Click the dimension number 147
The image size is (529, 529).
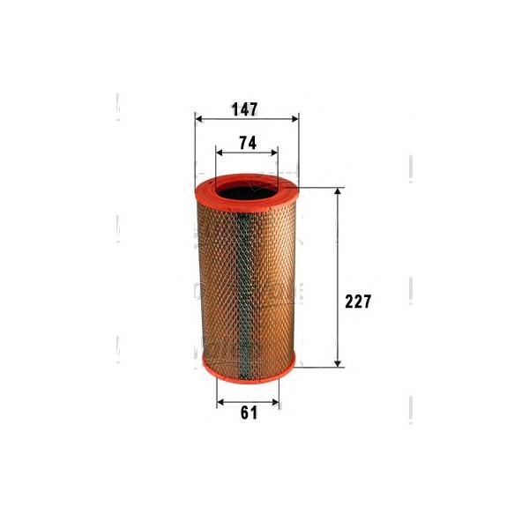244,109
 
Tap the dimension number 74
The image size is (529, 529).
248,143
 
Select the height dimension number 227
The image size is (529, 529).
358,302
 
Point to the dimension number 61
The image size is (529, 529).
249,413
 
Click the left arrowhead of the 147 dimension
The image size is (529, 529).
199,119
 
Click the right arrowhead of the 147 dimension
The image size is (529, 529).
295,119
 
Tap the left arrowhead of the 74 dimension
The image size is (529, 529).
220,153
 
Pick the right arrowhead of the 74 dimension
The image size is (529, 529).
274,153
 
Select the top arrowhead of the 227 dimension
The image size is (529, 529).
338,191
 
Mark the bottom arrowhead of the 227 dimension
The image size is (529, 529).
338,363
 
